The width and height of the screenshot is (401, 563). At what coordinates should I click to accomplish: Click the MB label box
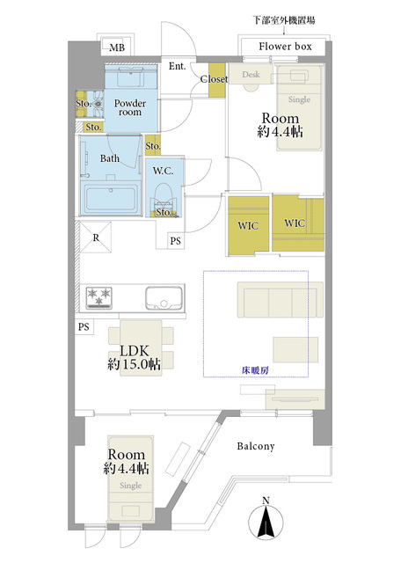pos(117,48)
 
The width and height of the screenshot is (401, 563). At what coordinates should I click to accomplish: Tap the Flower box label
pos(285,47)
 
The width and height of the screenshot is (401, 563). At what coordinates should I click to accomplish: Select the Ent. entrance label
pos(178,66)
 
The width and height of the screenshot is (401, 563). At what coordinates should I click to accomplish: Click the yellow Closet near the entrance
pos(217,80)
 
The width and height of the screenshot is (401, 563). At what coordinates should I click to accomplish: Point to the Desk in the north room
pos(251,74)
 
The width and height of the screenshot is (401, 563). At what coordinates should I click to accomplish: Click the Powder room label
pos(130,107)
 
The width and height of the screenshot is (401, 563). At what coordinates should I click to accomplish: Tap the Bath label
pos(110,158)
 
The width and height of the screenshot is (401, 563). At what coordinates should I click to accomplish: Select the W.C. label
pos(163,171)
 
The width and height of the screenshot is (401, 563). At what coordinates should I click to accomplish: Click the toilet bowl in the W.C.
pos(164,197)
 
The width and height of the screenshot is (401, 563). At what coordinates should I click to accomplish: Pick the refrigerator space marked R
pos(96,238)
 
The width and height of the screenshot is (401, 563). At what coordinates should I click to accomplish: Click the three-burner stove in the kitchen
pos(99,297)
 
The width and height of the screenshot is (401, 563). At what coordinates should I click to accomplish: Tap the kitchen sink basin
pos(164,298)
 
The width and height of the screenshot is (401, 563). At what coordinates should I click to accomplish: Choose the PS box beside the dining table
pos(84,326)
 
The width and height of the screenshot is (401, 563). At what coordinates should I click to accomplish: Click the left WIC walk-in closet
pos(248,225)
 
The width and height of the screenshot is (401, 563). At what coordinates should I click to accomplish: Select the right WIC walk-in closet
pos(298,223)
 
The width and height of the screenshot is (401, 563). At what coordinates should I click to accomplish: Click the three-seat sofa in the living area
pos(280,299)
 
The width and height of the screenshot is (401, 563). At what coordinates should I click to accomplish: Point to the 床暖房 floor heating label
pos(255,370)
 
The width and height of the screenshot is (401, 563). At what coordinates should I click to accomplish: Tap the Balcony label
pos(256,446)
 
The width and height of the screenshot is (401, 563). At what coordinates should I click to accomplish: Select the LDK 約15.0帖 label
pos(135,357)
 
